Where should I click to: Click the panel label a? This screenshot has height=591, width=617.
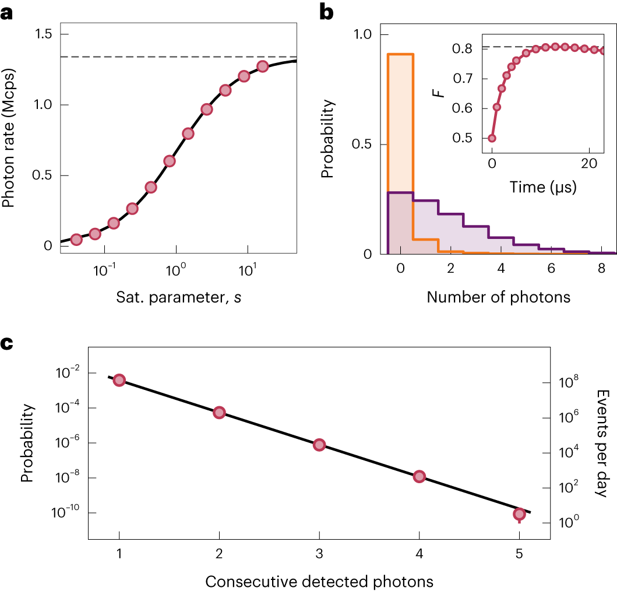(7, 12)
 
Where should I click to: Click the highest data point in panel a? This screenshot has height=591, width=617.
(262, 66)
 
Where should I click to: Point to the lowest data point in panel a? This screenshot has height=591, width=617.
(76, 240)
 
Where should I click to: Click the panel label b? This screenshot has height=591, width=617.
(326, 12)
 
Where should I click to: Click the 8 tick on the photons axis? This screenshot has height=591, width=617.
(601, 270)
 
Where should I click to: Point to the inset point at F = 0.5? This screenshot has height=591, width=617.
(492, 138)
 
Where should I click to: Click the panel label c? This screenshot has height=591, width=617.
(7, 343)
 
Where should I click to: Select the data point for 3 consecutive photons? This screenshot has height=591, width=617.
(319, 445)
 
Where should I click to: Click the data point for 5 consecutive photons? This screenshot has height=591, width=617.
(519, 514)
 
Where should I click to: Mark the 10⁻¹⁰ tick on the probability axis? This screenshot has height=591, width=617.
(64, 513)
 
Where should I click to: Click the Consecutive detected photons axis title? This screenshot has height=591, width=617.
(319, 581)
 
